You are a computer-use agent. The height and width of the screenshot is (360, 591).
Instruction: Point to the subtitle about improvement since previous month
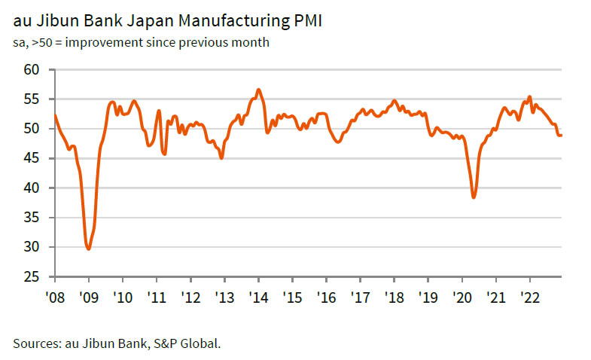pos(142,42)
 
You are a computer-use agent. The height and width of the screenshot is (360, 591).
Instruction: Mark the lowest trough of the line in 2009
pos(89,249)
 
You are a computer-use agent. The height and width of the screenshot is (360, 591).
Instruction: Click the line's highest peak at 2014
pos(258,90)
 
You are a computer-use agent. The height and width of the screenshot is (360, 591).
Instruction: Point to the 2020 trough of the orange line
pos(474,197)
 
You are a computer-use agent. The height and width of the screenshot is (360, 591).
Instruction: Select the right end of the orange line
pos(562,135)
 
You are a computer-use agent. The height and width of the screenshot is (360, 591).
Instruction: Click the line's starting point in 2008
pos(55,115)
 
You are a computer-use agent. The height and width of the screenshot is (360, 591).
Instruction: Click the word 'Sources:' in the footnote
pos(36,343)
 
